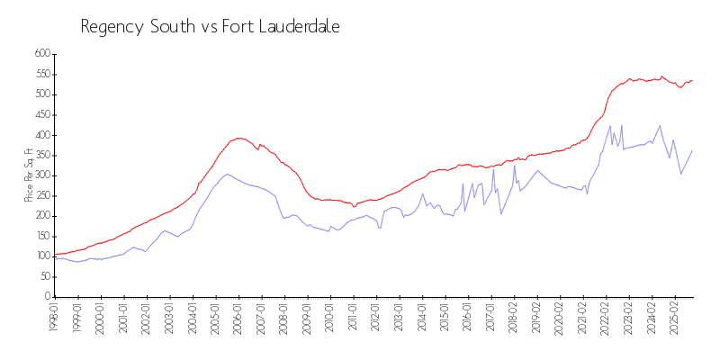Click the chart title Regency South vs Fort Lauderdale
coord(210,26)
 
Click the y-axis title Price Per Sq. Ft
coord(30,175)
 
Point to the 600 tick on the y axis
coord(41,54)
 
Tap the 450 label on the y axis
coord(41,114)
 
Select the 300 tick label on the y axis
coord(41,175)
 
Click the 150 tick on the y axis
coord(41,236)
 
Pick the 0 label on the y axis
coord(48,297)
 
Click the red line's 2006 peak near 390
coord(238,138)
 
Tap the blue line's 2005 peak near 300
coord(228,174)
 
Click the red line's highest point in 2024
coord(661,76)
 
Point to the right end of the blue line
coord(692,150)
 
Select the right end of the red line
coord(692,80)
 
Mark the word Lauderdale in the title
coord(296,26)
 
